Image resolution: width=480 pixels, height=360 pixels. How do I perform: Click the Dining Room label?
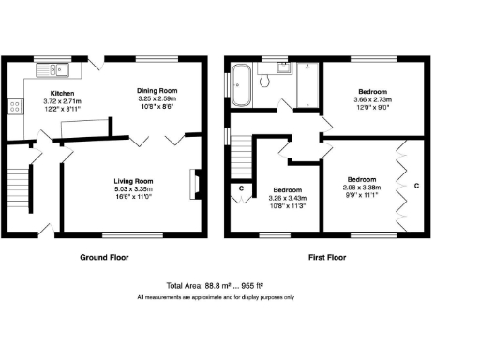click(x=157, y=90)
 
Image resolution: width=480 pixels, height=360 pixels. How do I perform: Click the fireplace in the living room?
click(x=194, y=183)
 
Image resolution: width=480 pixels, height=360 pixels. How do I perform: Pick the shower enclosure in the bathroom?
click(x=306, y=84)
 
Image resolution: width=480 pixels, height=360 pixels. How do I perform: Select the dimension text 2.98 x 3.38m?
click(x=363, y=187)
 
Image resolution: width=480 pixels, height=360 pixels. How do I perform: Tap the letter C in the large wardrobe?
click(x=416, y=186)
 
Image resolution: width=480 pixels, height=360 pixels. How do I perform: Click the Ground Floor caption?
click(x=104, y=256)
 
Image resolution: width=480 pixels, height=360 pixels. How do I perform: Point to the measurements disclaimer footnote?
click(x=216, y=296)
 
